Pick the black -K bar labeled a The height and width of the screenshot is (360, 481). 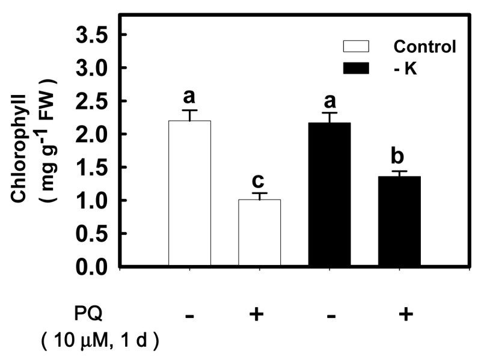329,195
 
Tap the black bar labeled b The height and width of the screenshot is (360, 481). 399,222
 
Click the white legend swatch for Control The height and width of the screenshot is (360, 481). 357,46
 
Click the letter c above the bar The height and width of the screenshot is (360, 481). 260,180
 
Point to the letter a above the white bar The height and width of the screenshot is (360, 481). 190,97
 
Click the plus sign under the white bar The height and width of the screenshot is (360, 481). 259,314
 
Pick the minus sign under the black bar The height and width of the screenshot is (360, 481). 329,314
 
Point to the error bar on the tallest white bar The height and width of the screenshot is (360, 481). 190,115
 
